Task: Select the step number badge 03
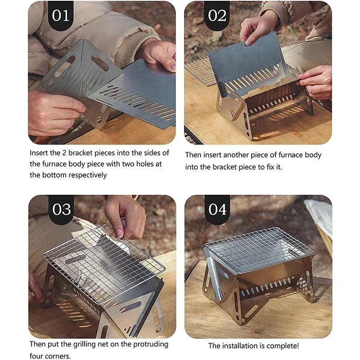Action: [61, 209]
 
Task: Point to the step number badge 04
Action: [217, 209]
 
